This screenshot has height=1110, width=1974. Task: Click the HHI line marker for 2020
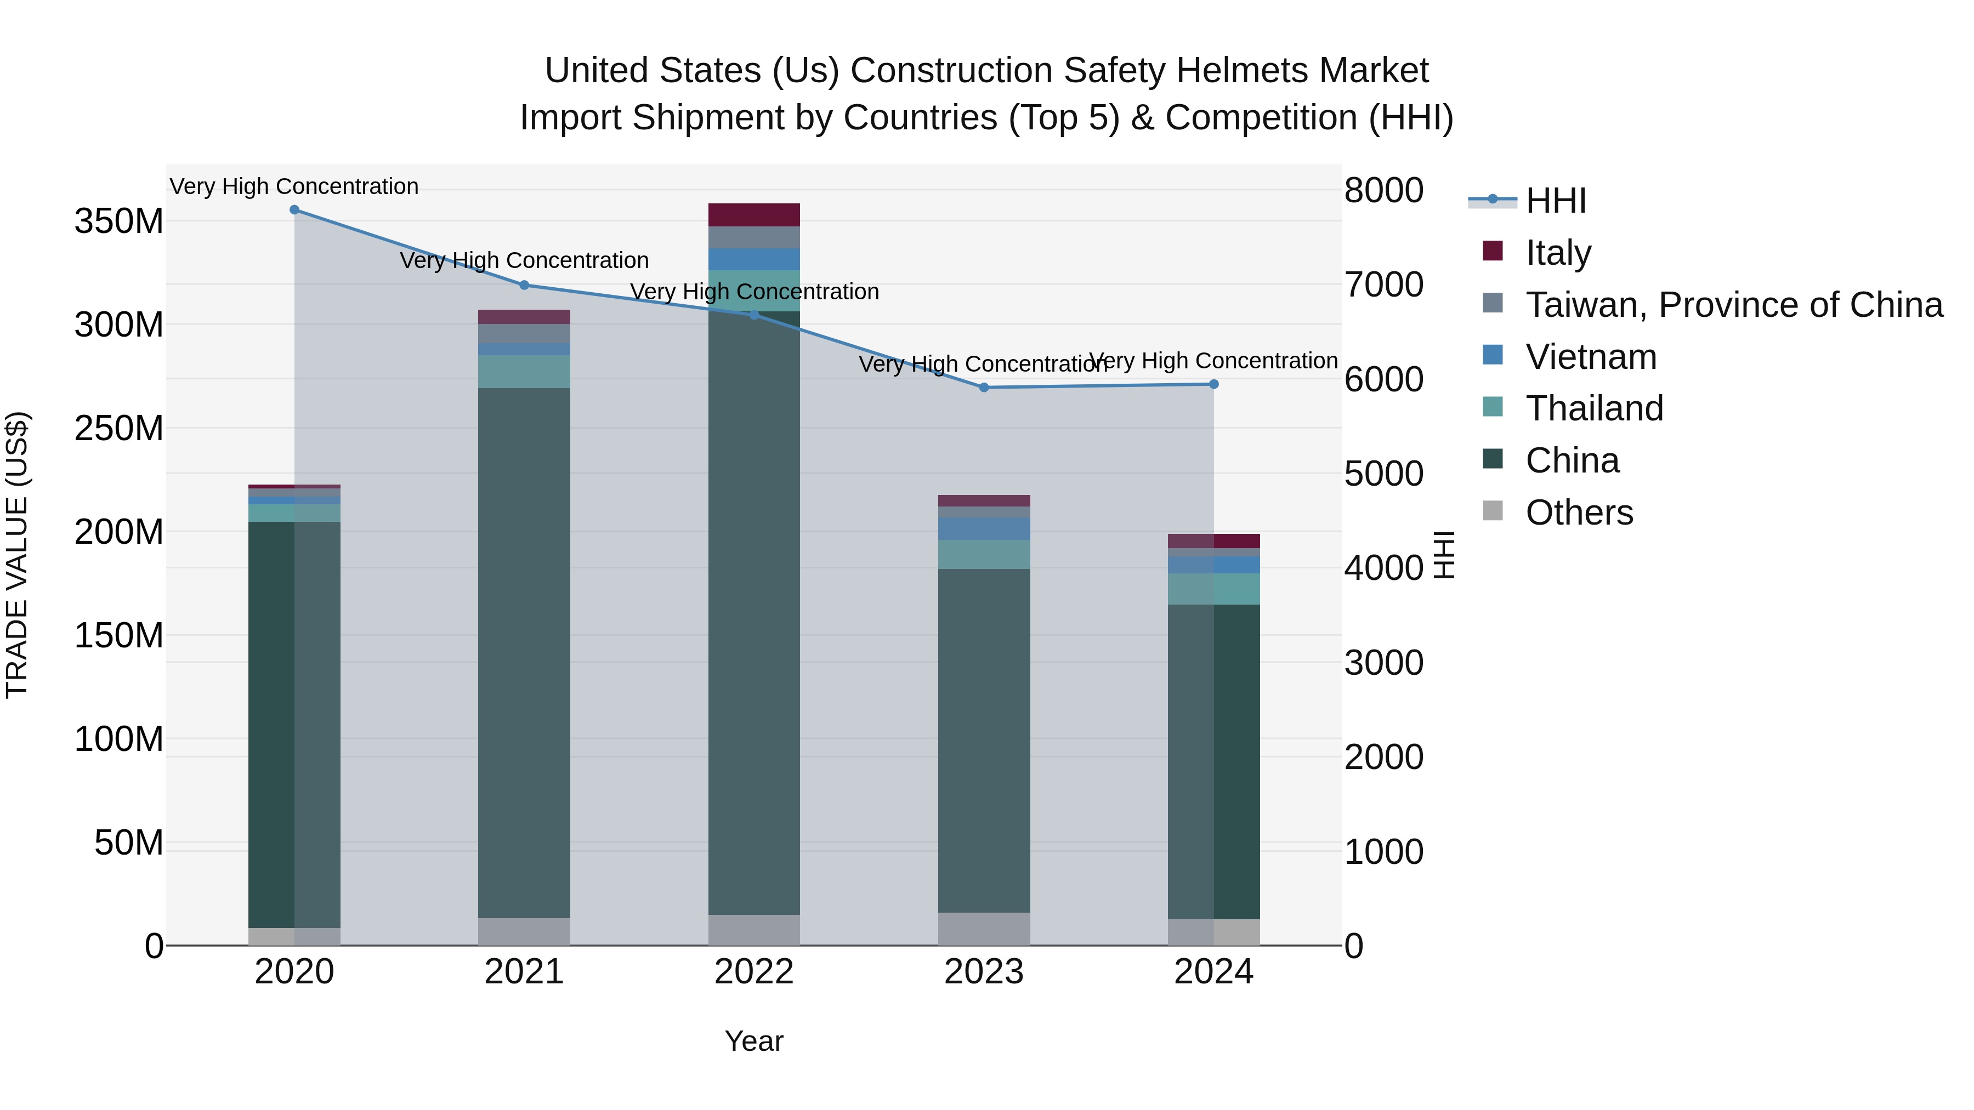294,210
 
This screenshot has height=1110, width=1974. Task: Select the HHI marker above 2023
984,388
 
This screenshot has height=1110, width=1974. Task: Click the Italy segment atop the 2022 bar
754,215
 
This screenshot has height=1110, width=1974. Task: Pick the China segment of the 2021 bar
524,651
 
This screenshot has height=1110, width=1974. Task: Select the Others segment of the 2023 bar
984,929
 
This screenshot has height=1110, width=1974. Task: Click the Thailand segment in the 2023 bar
984,555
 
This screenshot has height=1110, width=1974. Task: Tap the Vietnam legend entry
1591,357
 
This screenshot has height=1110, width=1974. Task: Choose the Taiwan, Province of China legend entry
1733,305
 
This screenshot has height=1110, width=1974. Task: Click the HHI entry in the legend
1556,201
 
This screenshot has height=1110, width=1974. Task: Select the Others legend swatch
1493,511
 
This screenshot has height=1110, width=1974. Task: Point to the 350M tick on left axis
119,221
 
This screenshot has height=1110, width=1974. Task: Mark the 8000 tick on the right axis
1384,190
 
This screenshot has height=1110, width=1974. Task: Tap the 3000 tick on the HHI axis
1384,663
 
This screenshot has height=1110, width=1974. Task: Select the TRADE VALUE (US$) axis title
17,555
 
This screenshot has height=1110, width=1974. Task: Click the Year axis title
754,1041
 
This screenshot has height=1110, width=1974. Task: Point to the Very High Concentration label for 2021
524,260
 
